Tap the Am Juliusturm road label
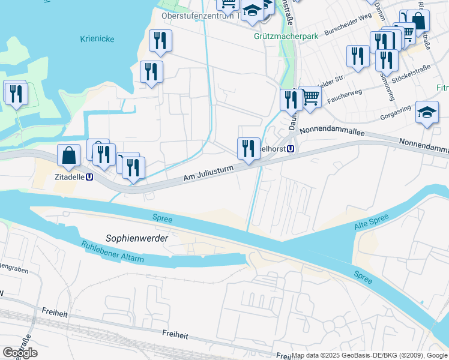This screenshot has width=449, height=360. (x=208, y=175)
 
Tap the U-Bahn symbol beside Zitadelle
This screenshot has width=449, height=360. (x=89, y=177)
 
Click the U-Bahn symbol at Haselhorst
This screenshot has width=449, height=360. (x=291, y=149)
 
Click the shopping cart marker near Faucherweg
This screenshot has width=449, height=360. (x=310, y=96)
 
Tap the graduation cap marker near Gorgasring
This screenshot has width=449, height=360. (x=427, y=112)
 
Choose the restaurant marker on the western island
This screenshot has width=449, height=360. (x=16, y=93)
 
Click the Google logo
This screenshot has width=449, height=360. (x=20, y=353)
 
